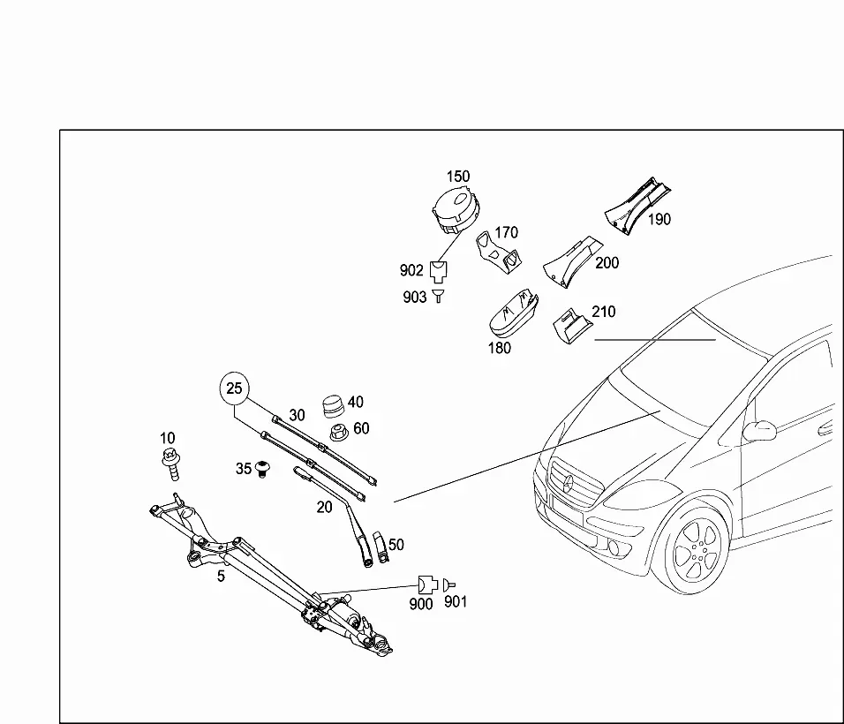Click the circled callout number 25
[234, 388]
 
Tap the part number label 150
[458, 177]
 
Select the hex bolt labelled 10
[170, 463]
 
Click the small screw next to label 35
[262, 468]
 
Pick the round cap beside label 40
[333, 406]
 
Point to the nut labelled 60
[338, 432]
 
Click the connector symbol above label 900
[427, 584]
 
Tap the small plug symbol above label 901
[448, 584]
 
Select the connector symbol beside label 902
[439, 271]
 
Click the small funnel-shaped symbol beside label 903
[439, 296]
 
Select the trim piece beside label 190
[637, 207]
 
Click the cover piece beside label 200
[573, 260]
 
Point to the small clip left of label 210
[571, 325]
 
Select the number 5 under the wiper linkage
[221, 577]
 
